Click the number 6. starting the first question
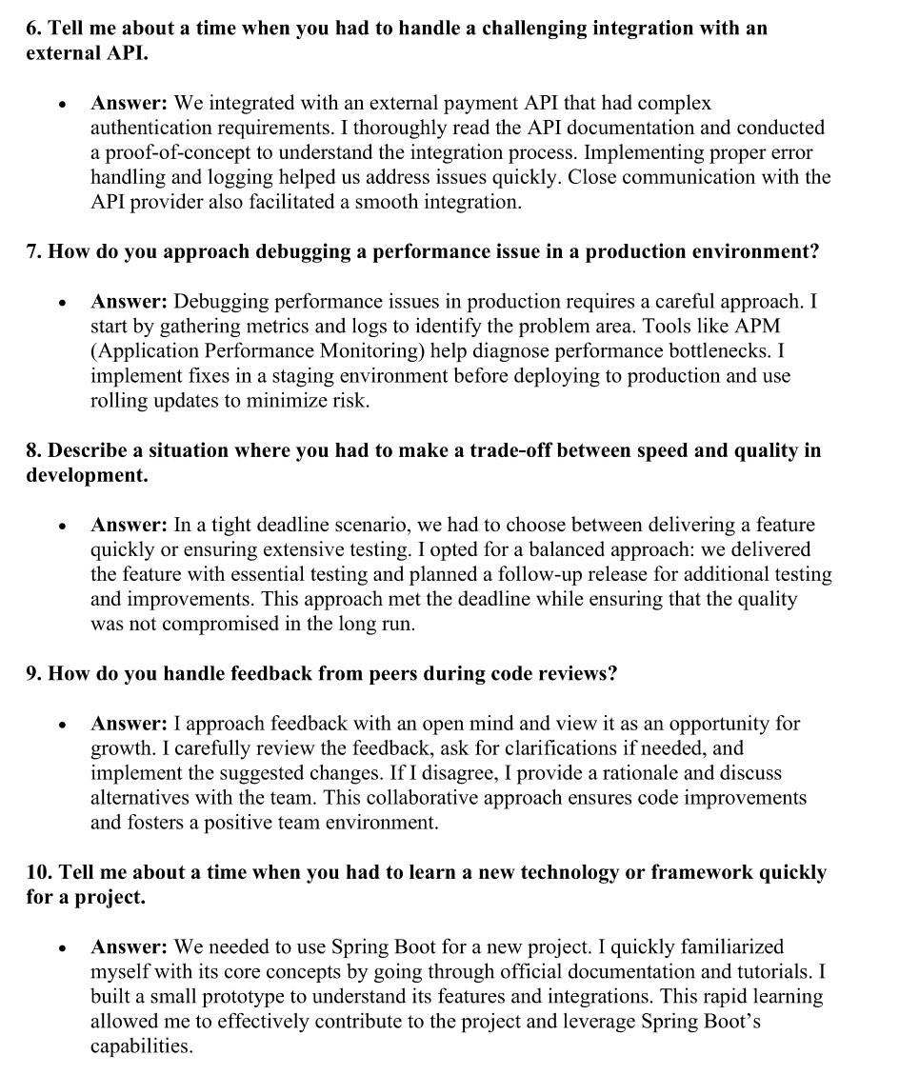[x=34, y=29]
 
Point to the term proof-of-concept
[x=182, y=152]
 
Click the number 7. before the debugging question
[x=34, y=252]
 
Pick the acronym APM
[x=758, y=327]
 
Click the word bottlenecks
[x=721, y=351]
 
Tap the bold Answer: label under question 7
[x=130, y=302]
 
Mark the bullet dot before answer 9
[x=62, y=725]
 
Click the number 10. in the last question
[x=39, y=873]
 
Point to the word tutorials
[x=769, y=972]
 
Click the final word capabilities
[x=141, y=1046]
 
